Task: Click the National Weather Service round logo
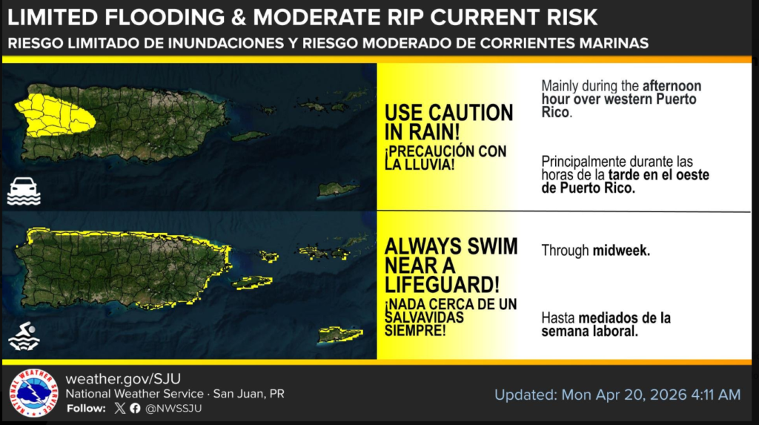click(x=33, y=393)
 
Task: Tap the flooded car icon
click(x=24, y=191)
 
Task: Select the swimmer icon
click(x=24, y=336)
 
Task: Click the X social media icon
click(x=119, y=408)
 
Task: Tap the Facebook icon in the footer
click(x=135, y=408)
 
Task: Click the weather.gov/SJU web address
click(x=123, y=378)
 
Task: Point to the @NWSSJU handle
click(x=173, y=409)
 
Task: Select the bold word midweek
click(x=622, y=251)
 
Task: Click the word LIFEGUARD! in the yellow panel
click(x=442, y=285)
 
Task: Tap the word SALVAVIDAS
click(x=424, y=317)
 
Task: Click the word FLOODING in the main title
click(x=165, y=18)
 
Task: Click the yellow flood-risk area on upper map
click(x=53, y=116)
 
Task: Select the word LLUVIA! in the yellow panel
click(x=420, y=164)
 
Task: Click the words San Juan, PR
click(x=249, y=394)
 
